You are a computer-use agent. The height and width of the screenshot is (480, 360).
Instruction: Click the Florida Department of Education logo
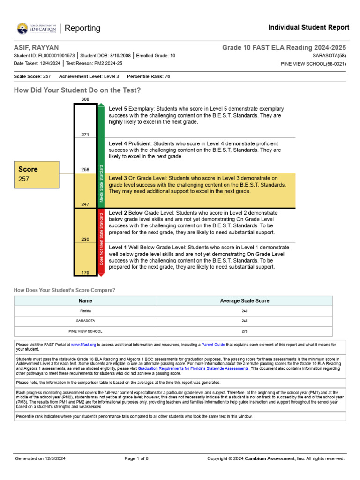coord(36,28)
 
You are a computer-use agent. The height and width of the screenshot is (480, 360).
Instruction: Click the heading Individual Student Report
coord(308,28)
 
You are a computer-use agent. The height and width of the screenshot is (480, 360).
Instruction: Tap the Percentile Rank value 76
coord(167,76)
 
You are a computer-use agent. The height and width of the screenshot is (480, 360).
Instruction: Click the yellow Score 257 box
coord(37,173)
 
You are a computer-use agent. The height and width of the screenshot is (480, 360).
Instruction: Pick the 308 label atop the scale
coord(85,99)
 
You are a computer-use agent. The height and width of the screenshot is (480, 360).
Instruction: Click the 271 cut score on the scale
coord(85,135)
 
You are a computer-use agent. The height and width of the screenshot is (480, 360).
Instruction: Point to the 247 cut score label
coord(85,204)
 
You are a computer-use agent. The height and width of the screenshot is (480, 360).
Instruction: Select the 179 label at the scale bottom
coord(85,272)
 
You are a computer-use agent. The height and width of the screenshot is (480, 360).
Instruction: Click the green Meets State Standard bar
coord(101,155)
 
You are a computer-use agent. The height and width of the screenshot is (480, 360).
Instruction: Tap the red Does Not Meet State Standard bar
coord(101,239)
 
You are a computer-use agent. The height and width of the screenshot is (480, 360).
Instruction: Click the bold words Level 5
coord(118,109)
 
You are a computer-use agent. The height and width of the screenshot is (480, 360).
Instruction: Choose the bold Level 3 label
coord(118,178)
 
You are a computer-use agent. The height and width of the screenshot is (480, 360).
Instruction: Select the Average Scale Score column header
coord(244,301)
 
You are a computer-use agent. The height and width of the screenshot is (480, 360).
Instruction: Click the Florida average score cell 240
coord(244,311)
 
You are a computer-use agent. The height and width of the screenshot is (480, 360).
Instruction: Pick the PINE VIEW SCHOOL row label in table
coord(85,331)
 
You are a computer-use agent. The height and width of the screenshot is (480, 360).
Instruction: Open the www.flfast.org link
coord(83,345)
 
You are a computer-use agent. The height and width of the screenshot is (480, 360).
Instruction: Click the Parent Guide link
coord(213,345)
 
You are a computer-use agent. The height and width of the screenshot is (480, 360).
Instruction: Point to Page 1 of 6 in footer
coord(136,458)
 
